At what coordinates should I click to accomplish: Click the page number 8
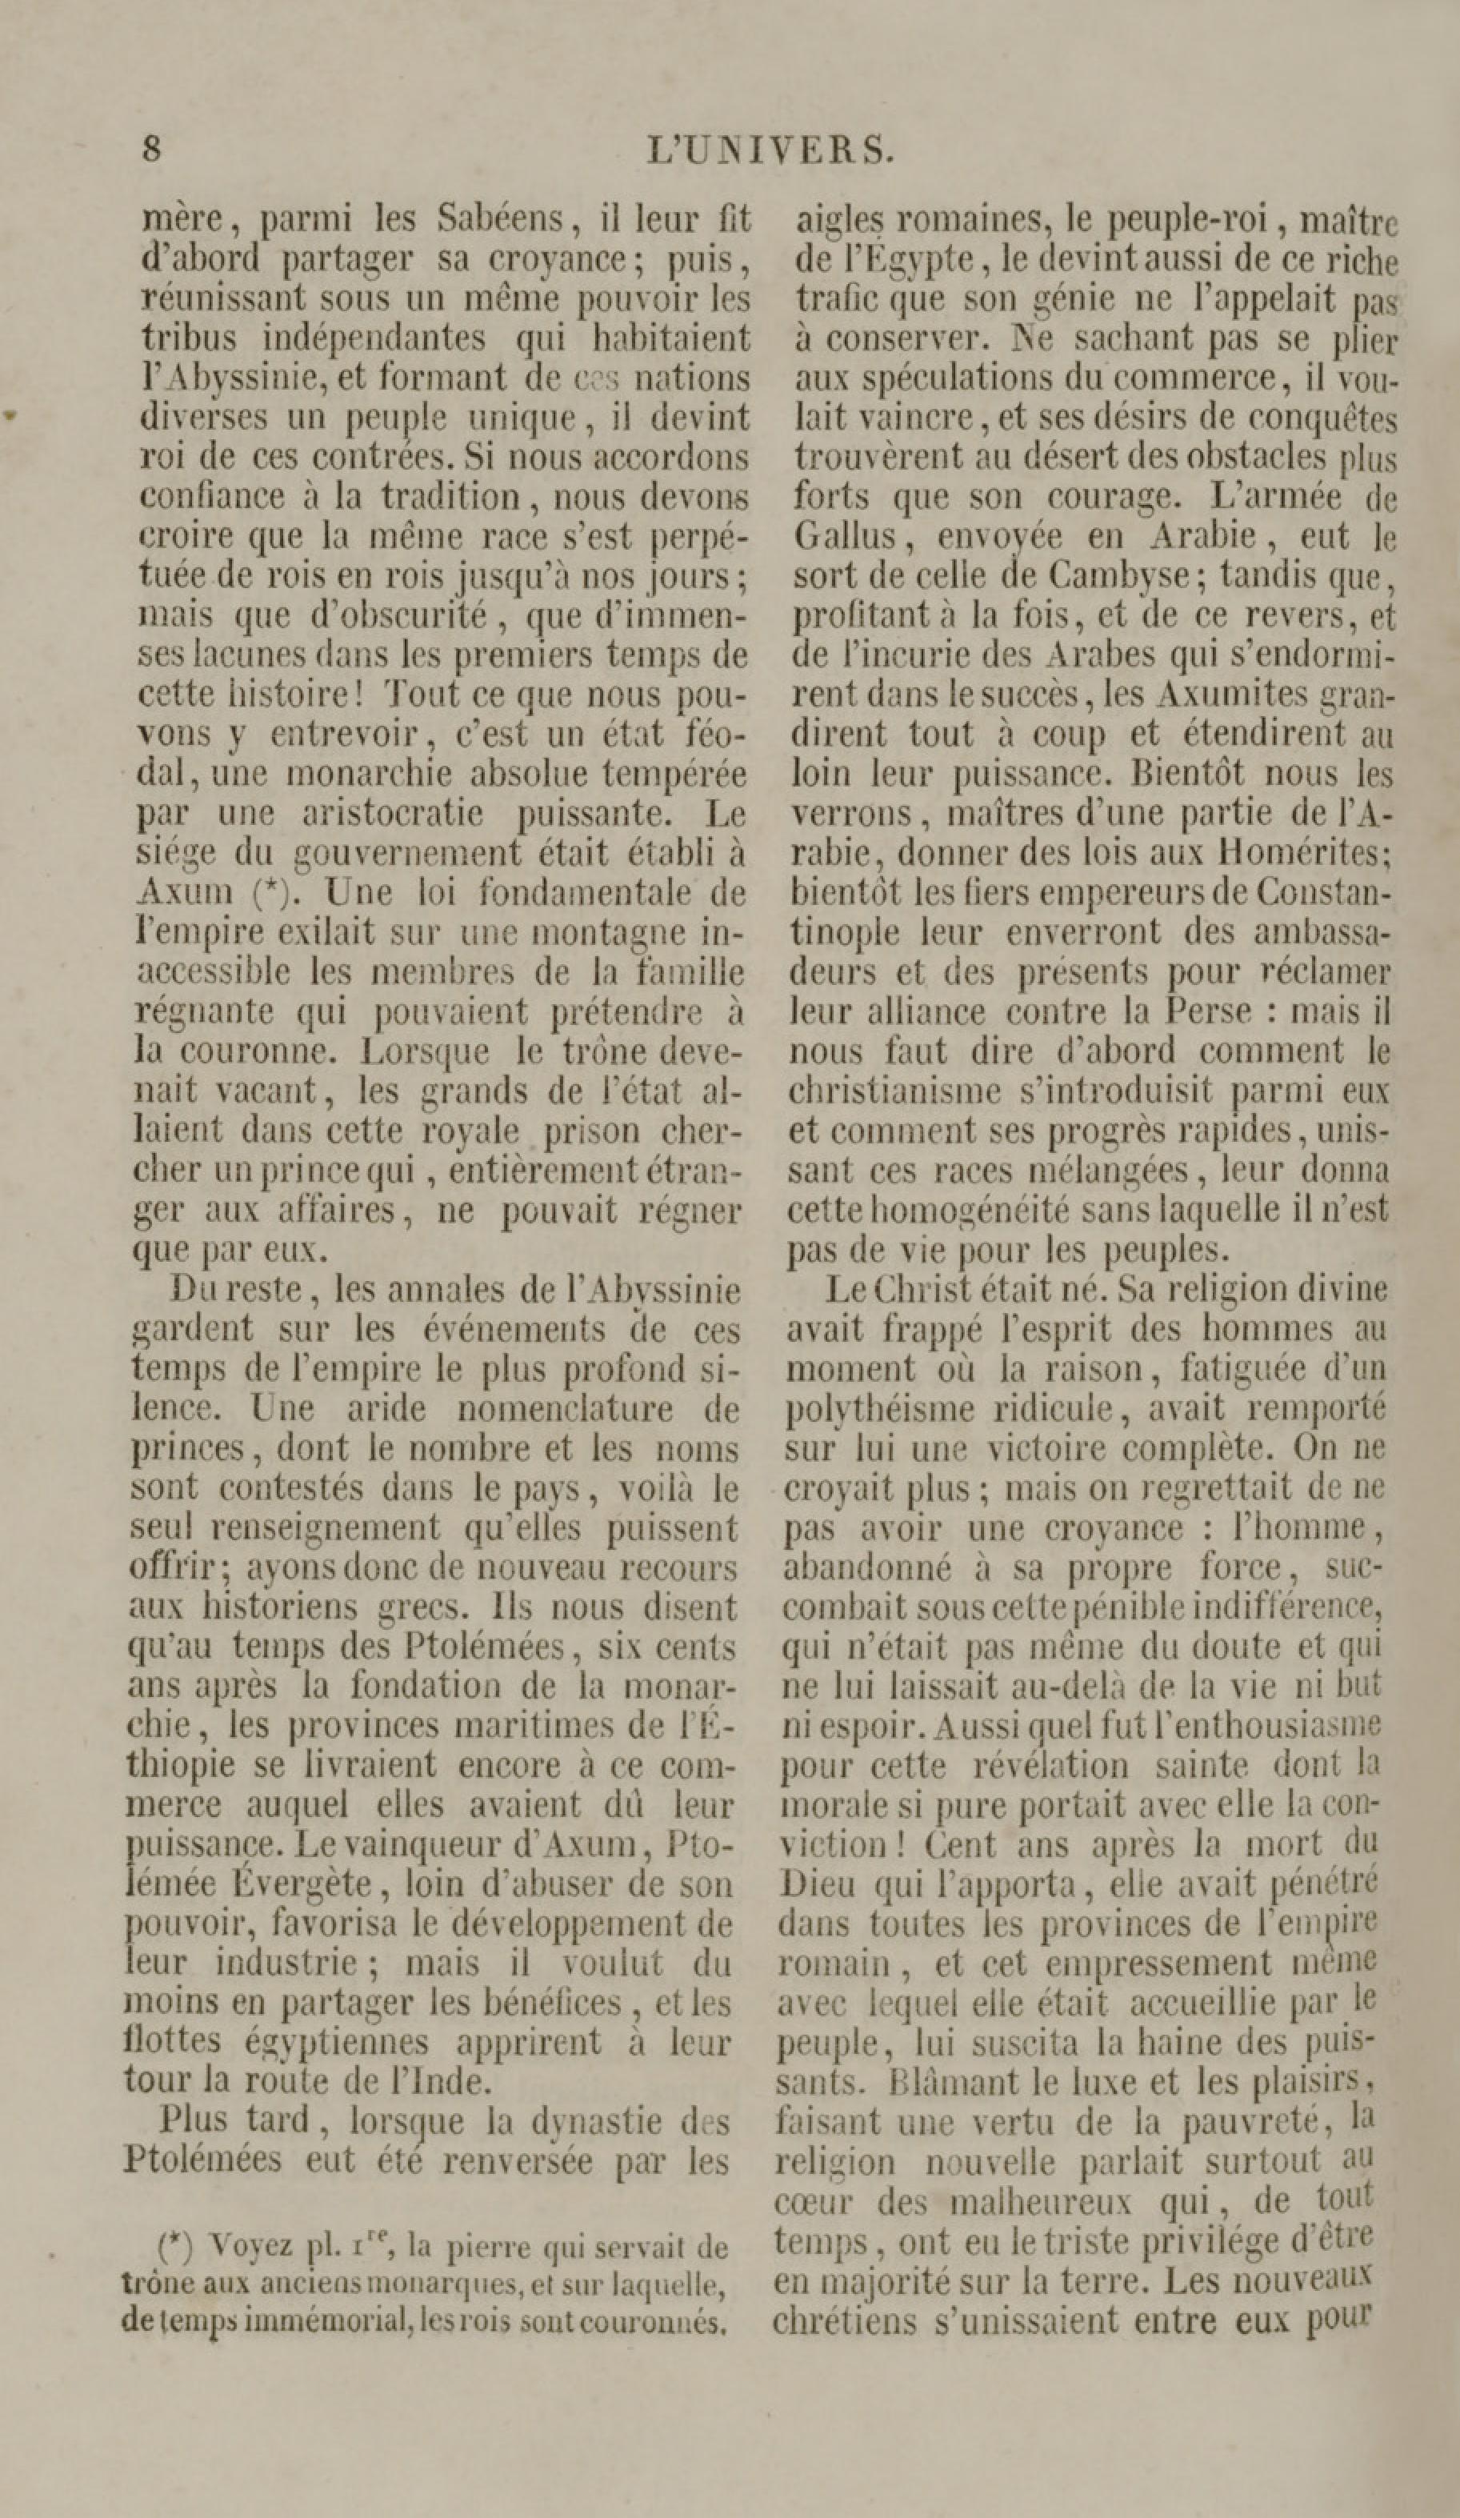click(151, 150)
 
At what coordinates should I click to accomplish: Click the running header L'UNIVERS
click(770, 150)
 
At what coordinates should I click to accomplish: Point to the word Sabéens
click(502, 218)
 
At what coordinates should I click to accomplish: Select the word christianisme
click(890, 1090)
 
